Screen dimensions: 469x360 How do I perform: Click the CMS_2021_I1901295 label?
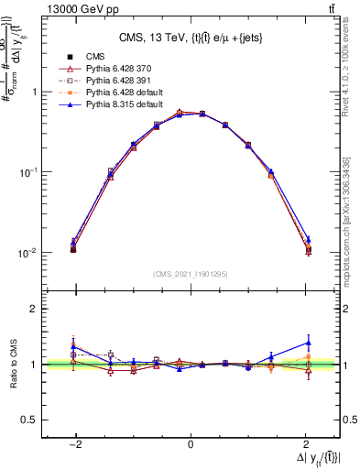pos(190,274)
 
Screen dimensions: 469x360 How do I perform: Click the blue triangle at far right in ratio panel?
pos(308,343)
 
